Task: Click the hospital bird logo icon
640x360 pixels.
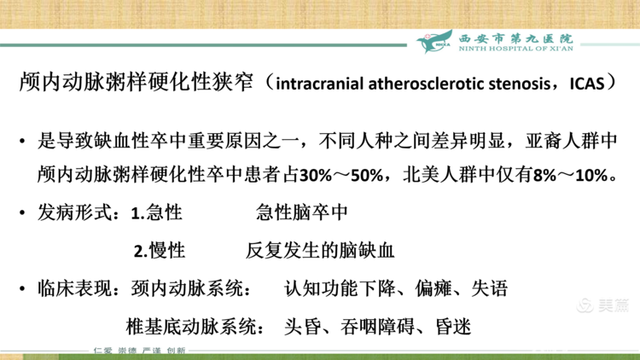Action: click(436, 42)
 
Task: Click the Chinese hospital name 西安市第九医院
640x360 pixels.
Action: click(516, 38)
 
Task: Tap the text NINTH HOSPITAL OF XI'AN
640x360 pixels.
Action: click(516, 49)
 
